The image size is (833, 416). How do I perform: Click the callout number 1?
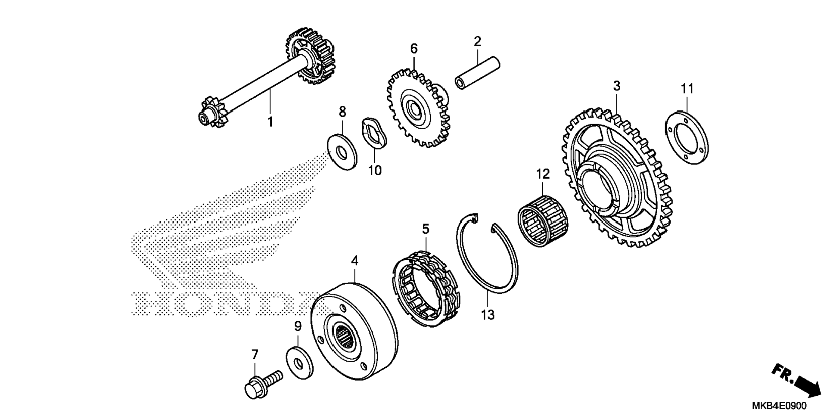point(270,122)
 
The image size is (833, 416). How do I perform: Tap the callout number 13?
point(488,315)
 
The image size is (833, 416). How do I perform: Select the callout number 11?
point(687,89)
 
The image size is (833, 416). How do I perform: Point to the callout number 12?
point(543,174)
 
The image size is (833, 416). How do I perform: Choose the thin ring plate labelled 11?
point(687,138)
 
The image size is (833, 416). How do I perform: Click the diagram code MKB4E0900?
point(785,406)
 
